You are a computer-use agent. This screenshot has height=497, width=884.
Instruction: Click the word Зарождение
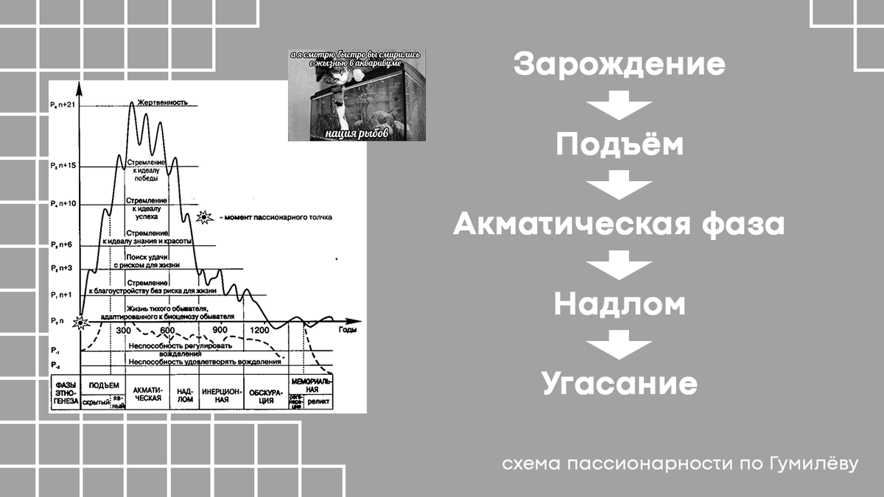pyautogui.click(x=620, y=65)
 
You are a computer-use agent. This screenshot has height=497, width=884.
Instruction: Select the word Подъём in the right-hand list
pyautogui.click(x=620, y=144)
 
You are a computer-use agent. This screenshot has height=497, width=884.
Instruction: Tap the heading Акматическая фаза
pyautogui.click(x=620, y=224)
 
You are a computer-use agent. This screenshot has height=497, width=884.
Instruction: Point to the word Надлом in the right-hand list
pyautogui.click(x=620, y=303)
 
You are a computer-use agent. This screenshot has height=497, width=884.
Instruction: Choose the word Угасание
pyautogui.click(x=620, y=384)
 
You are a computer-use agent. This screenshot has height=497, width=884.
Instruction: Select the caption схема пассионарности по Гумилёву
pyautogui.click(x=681, y=465)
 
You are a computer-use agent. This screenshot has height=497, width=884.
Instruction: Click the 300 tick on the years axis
pyautogui.click(x=123, y=330)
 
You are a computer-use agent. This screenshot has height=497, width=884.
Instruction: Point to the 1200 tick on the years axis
pyautogui.click(x=260, y=330)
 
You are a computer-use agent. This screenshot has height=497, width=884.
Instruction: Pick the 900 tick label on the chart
pyautogui.click(x=220, y=330)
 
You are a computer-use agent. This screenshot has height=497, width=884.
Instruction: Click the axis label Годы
pyautogui.click(x=348, y=330)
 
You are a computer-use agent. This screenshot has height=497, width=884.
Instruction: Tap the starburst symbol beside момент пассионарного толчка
pyautogui.click(x=205, y=217)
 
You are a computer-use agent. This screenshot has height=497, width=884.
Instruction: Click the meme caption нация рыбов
pyautogui.click(x=357, y=134)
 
